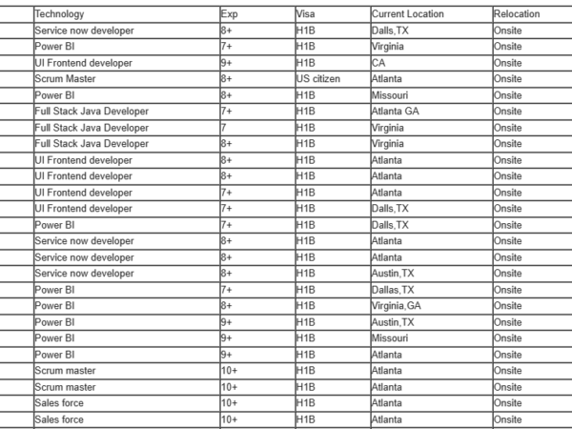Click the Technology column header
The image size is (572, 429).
[59, 14]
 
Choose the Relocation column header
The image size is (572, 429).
[517, 14]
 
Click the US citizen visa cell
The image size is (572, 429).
[318, 79]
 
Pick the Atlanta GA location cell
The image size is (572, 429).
[395, 112]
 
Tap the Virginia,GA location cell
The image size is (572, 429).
[396, 306]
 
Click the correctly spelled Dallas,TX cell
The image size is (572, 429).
[393, 290]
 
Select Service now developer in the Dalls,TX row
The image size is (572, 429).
[84, 31]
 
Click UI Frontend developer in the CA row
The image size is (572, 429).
[83, 63]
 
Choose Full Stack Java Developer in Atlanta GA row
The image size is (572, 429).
[92, 112]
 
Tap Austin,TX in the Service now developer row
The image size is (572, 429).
[393, 274]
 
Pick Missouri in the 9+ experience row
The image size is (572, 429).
[389, 338]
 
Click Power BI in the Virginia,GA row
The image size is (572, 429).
[55, 306]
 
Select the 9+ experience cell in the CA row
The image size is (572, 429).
[227, 63]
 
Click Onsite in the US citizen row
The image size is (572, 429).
[508, 79]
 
